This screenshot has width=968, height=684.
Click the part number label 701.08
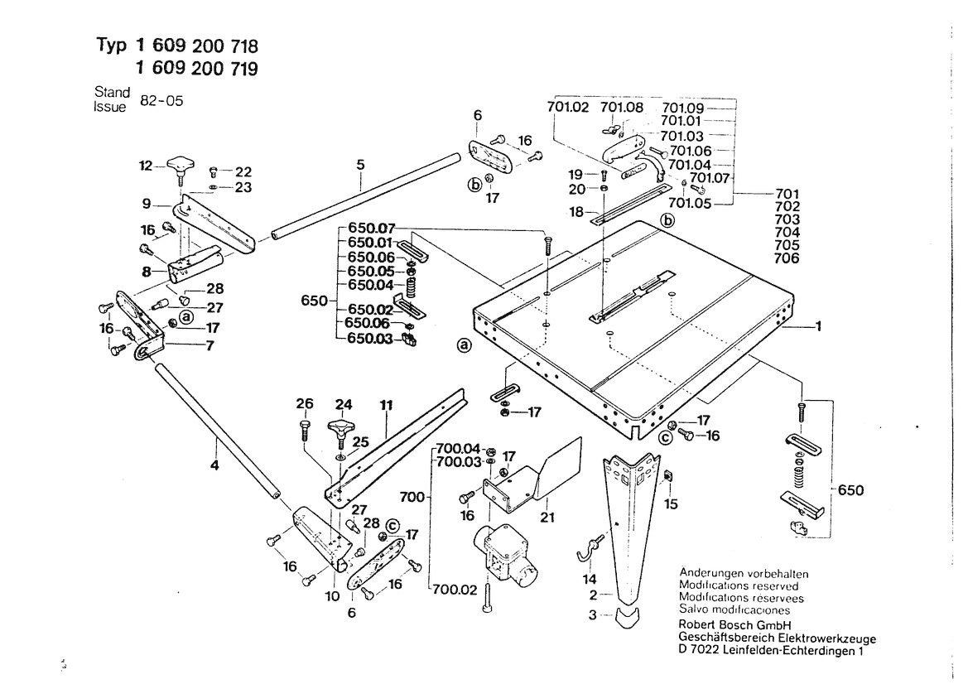coord(622,108)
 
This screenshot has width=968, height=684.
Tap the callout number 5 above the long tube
coord(361,165)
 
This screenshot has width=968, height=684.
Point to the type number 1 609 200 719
coord(195,70)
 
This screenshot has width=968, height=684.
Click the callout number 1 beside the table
coord(818,327)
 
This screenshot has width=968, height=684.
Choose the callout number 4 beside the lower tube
coord(215,465)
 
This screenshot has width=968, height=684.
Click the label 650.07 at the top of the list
coord(372,229)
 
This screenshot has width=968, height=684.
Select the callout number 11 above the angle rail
coord(386,406)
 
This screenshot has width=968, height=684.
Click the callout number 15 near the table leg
coord(671,503)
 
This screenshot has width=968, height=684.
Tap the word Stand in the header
coord(112,93)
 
